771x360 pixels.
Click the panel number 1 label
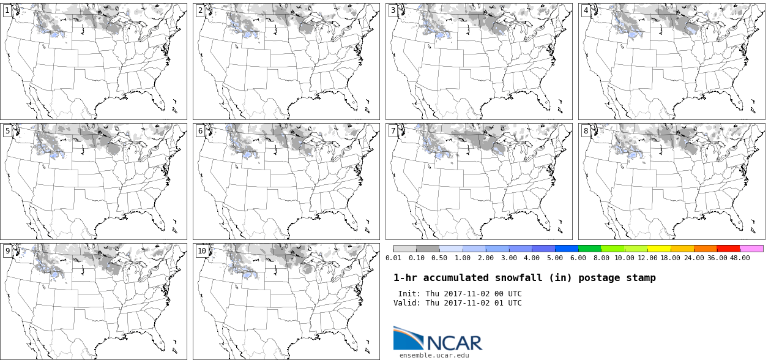click(x=7, y=10)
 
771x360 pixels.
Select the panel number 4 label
click(x=586, y=10)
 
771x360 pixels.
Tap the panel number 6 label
click(x=200, y=130)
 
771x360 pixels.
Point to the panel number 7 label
click(x=393, y=130)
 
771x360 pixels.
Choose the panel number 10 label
click(x=201, y=250)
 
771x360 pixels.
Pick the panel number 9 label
click(x=7, y=250)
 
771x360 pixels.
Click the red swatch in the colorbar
click(x=728, y=249)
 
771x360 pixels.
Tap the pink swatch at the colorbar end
click(x=751, y=249)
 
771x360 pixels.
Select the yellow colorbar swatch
click(x=659, y=249)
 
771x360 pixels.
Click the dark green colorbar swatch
click(x=590, y=249)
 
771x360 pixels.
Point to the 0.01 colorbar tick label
click(x=394, y=258)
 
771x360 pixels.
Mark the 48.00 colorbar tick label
click(x=740, y=258)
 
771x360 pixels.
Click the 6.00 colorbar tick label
click(x=578, y=258)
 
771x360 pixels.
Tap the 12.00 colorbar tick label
click(x=648, y=258)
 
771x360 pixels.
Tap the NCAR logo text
click(x=455, y=343)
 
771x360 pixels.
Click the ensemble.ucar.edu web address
click(x=434, y=355)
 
